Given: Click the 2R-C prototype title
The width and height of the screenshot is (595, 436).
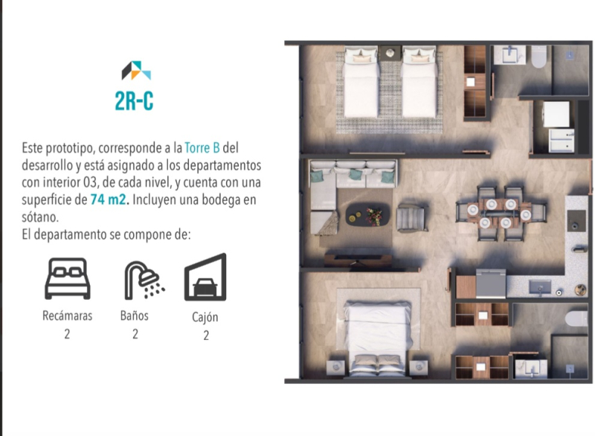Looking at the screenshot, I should pyautogui.click(x=135, y=101).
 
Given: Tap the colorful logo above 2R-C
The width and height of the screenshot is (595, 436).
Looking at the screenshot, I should pyautogui.click(x=136, y=71).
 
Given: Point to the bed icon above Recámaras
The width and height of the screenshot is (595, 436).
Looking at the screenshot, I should pyautogui.click(x=67, y=278).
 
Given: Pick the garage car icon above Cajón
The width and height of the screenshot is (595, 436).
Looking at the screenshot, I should pyautogui.click(x=205, y=278).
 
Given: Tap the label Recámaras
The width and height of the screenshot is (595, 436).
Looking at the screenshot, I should pyautogui.click(x=67, y=315).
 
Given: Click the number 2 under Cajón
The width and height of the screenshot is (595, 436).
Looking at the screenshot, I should pyautogui.click(x=205, y=335).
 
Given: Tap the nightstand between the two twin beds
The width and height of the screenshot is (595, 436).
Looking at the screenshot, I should pyautogui.click(x=390, y=54).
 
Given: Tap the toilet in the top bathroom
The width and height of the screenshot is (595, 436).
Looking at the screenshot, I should pyautogui.click(x=538, y=57).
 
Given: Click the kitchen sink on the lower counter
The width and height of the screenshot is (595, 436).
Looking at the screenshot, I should pyautogui.click(x=539, y=286).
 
